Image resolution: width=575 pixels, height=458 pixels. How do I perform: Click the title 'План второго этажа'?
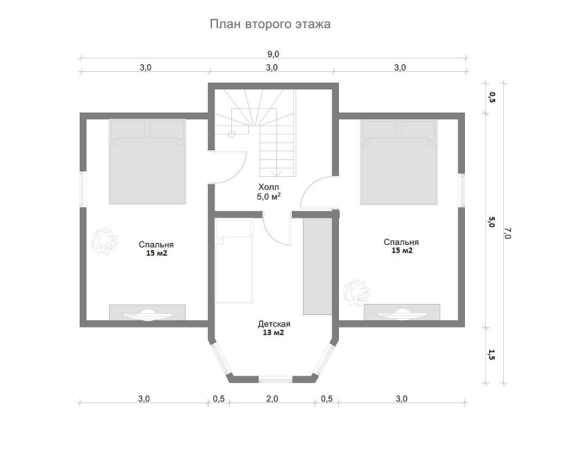click(270, 24)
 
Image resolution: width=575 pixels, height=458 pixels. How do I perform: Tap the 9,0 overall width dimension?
click(273, 54)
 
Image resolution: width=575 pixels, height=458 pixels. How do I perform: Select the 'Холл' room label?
click(269, 187)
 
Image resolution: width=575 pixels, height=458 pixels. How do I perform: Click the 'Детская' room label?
click(274, 324)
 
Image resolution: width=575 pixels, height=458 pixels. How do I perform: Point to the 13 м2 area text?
click(273, 333)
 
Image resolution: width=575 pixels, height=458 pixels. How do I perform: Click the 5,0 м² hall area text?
click(269, 197)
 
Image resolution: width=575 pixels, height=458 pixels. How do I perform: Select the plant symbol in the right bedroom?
click(357, 292)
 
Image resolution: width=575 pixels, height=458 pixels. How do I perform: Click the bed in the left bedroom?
click(147, 161)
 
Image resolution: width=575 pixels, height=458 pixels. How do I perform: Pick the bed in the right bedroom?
click(399, 162)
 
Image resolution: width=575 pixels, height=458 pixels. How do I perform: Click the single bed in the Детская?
click(234, 261)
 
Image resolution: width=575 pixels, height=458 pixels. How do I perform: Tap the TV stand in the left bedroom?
click(147, 313)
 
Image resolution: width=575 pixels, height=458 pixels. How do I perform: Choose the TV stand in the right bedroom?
click(402, 312)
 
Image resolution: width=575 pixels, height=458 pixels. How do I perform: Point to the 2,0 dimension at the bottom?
click(272, 399)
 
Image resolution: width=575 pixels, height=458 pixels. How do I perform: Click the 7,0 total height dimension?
click(508, 233)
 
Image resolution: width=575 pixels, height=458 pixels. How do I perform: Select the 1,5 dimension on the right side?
click(491, 355)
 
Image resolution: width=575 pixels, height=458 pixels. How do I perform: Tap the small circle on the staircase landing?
click(231, 134)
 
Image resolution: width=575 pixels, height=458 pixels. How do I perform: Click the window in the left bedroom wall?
click(83, 189)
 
